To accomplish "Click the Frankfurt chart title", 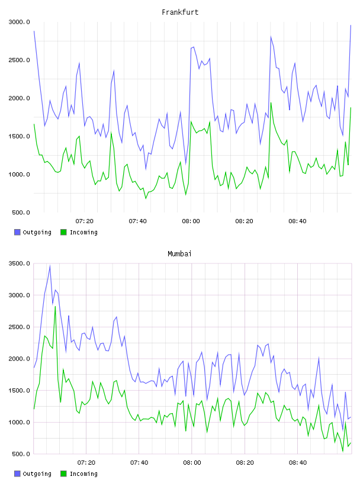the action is point(180,12).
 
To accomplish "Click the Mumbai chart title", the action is point(179,254).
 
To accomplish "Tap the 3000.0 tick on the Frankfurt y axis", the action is point(20,22).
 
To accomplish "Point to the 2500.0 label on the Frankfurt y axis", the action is point(20,60).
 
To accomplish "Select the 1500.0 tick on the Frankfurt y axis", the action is point(20,137).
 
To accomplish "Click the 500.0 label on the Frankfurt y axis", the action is point(21,212).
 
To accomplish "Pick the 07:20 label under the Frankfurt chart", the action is point(84,221).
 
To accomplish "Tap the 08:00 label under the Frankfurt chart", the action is point(191,221).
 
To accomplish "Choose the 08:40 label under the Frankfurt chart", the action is point(297,221).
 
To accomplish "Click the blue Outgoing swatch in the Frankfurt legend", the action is point(17,232).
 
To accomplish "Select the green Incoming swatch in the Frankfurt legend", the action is point(63,232).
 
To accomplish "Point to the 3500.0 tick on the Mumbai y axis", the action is point(20,263).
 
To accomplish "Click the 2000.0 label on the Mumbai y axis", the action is point(20,359).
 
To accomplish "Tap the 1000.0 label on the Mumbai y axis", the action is point(20,422).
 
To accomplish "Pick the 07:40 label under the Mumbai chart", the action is point(139,463).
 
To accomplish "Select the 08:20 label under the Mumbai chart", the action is point(245,463).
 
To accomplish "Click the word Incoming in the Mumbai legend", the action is point(83,474).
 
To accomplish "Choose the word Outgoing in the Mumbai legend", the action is point(37,474).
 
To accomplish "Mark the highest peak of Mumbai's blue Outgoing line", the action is point(50,266).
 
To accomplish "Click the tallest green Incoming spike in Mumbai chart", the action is point(55,307).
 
